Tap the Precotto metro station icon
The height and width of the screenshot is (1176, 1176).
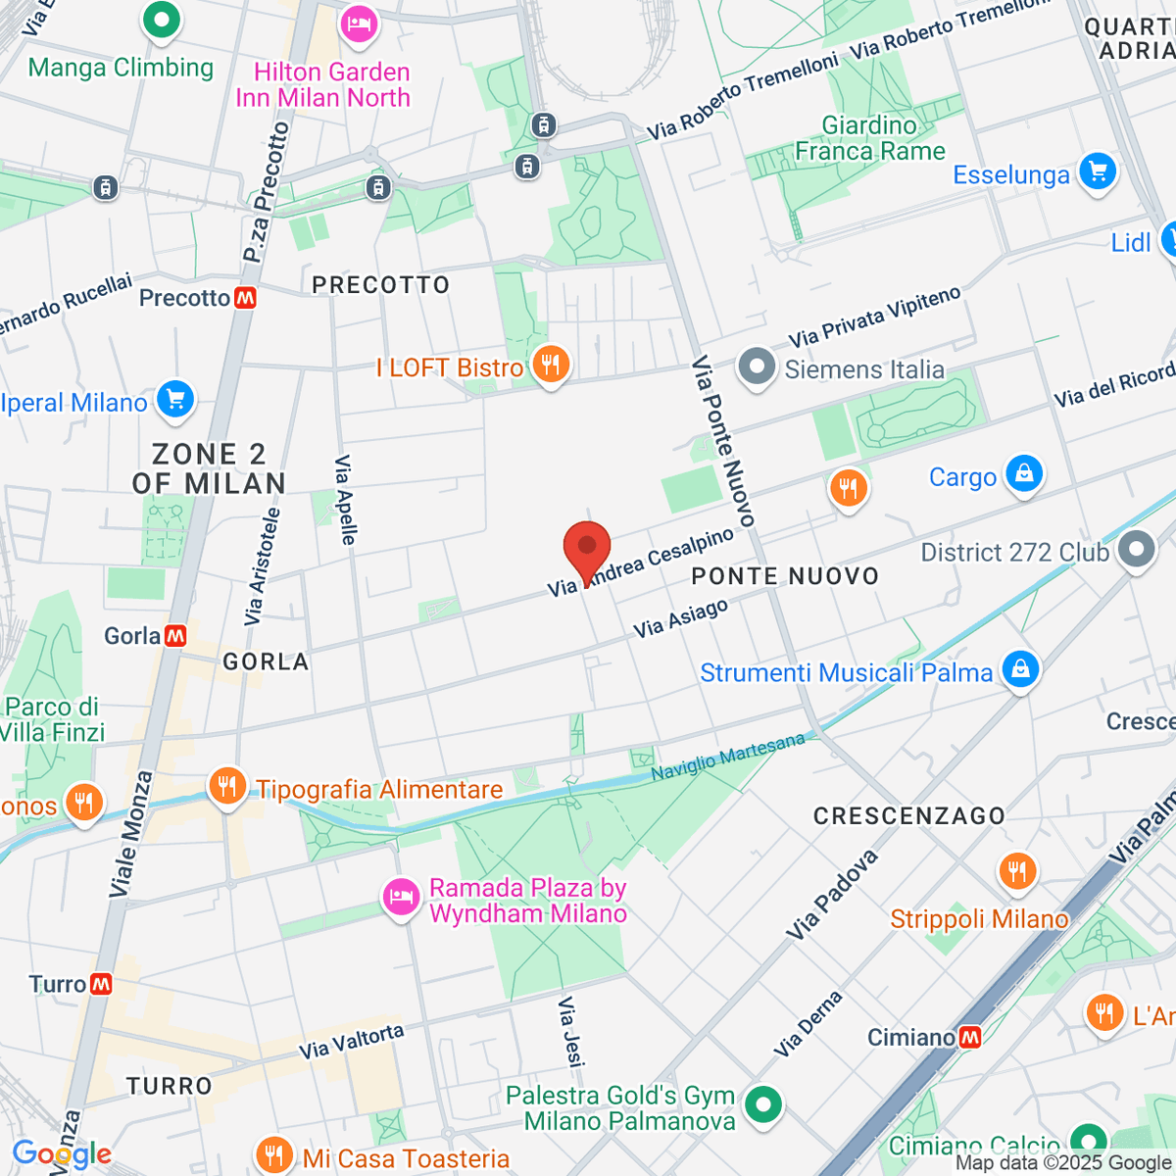coord(245,298)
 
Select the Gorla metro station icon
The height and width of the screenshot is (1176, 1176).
coord(175,636)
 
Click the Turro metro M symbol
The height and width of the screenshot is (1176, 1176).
coord(101,984)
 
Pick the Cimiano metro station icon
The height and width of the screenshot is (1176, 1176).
coord(970,1037)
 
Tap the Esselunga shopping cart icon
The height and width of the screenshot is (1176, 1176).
coord(1098,172)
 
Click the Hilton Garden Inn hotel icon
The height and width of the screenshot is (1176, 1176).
coord(359,24)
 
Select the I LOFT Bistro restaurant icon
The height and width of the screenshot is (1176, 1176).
coord(551,366)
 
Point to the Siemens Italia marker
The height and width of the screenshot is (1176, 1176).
coord(756,367)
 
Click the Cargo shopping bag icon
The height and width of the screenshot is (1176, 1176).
coord(1024,474)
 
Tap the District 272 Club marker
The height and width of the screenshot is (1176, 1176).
coord(1137,550)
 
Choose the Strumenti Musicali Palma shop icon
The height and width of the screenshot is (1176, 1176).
coord(1020,670)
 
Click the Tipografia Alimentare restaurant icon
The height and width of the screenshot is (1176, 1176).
coord(227,786)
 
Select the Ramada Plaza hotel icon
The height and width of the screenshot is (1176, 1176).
coord(401,897)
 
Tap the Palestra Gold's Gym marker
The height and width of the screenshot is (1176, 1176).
coord(762,1105)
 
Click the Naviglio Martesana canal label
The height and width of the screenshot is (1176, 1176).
coord(727,757)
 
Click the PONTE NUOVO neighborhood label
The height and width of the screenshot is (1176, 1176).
coord(785,576)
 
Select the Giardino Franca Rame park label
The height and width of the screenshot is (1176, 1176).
coord(869,138)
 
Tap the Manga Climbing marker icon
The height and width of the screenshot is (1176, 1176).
coord(162,20)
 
